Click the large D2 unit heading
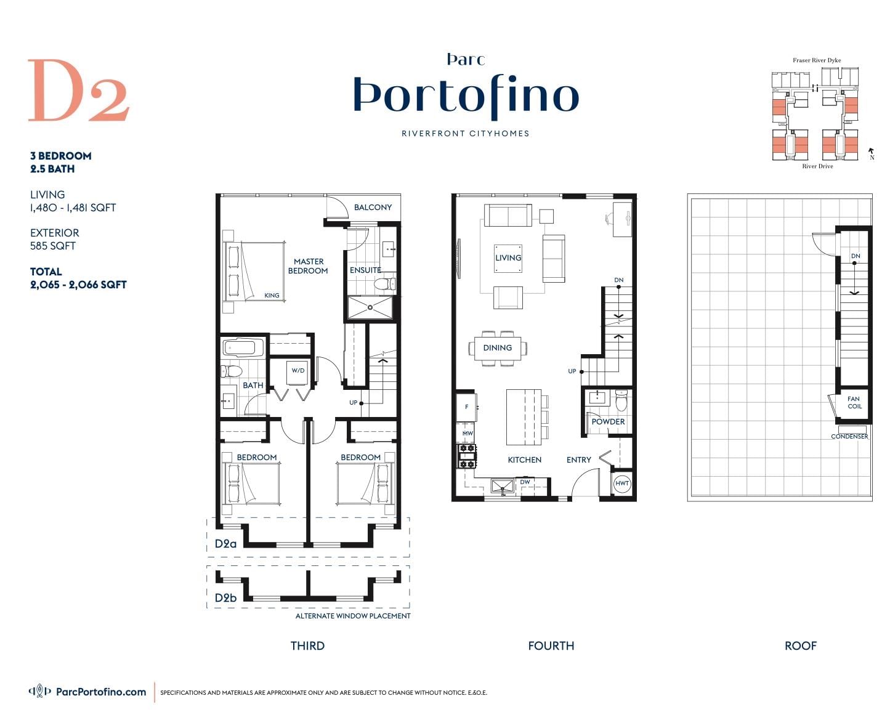click(x=78, y=90)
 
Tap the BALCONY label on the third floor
click(x=372, y=207)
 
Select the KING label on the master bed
click(x=271, y=295)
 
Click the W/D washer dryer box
click(x=297, y=373)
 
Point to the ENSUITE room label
click(x=365, y=270)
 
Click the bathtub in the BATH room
click(x=243, y=348)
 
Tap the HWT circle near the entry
click(x=621, y=483)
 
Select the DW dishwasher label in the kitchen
click(x=525, y=482)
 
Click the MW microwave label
click(x=467, y=433)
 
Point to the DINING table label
click(x=497, y=348)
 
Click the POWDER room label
click(x=607, y=421)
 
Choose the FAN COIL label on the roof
click(x=854, y=402)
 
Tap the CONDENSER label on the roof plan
click(x=849, y=436)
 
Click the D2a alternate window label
click(x=225, y=543)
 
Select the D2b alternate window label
click(x=225, y=598)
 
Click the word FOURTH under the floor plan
click(x=551, y=645)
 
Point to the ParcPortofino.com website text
click(x=101, y=692)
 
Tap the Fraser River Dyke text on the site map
click(x=816, y=60)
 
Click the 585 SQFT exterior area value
click(x=52, y=246)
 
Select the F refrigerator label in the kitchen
click(x=466, y=407)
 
